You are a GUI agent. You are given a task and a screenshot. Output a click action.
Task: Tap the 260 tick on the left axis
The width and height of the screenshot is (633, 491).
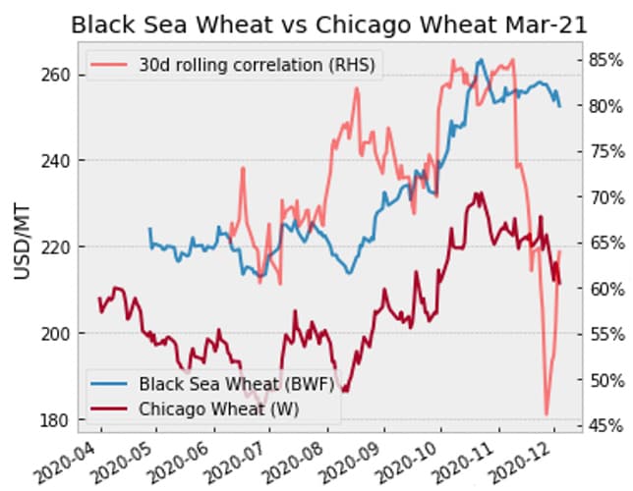(x=55, y=75)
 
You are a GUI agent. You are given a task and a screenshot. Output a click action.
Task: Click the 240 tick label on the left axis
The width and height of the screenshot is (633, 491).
(x=55, y=160)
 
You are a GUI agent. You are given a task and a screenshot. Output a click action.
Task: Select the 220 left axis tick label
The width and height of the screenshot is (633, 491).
(x=55, y=246)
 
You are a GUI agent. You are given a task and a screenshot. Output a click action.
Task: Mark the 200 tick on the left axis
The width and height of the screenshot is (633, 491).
(x=55, y=333)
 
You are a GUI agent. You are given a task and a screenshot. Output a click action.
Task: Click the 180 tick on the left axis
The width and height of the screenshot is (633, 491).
(x=55, y=419)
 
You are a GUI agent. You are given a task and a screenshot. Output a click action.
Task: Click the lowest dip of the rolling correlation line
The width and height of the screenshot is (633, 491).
(x=547, y=413)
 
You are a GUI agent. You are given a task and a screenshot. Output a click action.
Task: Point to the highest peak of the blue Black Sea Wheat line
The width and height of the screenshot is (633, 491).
(x=481, y=60)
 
